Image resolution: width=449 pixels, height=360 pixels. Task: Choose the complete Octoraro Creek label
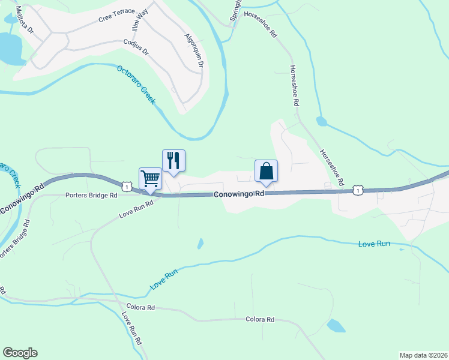point(136,84)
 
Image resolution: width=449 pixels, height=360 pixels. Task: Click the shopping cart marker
point(150,178)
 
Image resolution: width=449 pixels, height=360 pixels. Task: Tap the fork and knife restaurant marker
point(173,161)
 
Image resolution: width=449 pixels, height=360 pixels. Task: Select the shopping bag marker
point(266,171)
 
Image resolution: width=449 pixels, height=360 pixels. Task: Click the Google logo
point(20,353)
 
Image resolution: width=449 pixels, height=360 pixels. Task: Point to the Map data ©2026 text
point(423,355)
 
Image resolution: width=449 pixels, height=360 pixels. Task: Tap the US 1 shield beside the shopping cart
point(126,187)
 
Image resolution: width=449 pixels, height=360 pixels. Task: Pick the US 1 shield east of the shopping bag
point(358,190)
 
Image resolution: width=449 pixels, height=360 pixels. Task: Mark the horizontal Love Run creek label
point(374,244)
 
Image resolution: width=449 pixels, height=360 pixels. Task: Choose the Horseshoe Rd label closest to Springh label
point(264,28)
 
